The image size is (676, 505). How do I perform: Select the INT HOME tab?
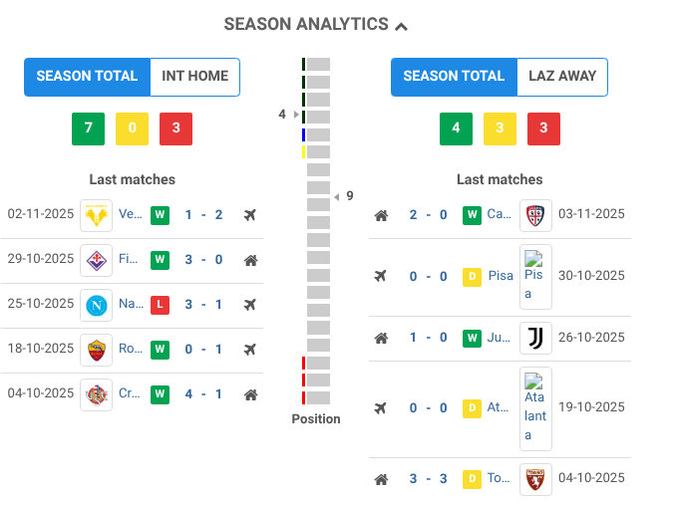[x=195, y=77]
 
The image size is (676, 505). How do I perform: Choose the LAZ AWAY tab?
[x=562, y=77]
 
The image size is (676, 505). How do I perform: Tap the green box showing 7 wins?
[x=88, y=129]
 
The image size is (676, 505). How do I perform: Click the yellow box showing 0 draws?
[x=132, y=129]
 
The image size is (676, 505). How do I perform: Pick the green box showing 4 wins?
[x=456, y=129]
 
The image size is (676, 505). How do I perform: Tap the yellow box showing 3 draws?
[x=500, y=129]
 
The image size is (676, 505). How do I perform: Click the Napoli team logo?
[x=97, y=305]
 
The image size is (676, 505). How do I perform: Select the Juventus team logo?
[x=535, y=339]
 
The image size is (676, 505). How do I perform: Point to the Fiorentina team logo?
[x=97, y=260]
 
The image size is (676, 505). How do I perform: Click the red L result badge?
[x=160, y=305]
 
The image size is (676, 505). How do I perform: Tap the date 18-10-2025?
[x=41, y=350]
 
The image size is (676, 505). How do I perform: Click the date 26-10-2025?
[x=591, y=339]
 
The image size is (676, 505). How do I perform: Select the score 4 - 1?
[x=202, y=394]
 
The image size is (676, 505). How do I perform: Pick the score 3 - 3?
[x=428, y=479]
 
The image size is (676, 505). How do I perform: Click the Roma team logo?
[x=97, y=350]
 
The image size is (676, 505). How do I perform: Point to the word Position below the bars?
[x=316, y=419]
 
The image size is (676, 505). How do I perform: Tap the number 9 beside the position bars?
[x=350, y=196]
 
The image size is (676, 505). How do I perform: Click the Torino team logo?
[x=535, y=479]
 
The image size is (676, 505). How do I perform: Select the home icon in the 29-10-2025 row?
[x=250, y=260]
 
